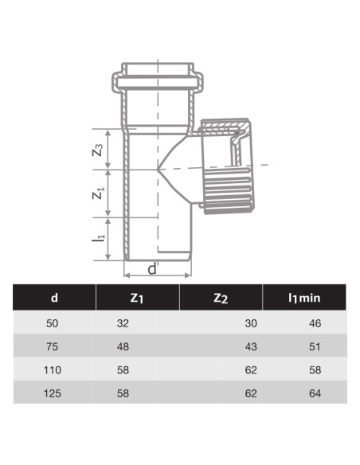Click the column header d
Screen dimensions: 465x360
coord(54,299)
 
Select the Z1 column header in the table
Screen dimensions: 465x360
coord(137,299)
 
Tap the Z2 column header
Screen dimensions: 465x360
coord(221,299)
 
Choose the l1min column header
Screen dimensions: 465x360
coord(304,299)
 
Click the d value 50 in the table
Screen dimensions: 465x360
coord(54,323)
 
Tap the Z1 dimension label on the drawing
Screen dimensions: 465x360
coord(98,193)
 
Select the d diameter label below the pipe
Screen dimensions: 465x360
coord(151,268)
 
